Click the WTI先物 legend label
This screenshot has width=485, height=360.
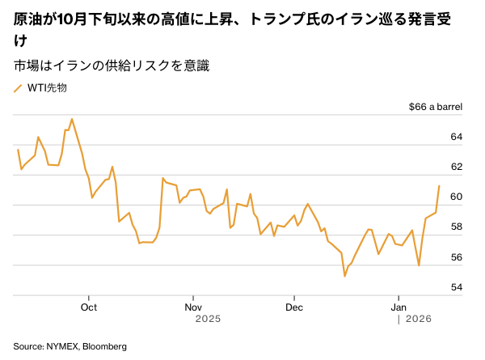pos(48,88)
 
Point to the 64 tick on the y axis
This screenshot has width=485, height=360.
pos(455,137)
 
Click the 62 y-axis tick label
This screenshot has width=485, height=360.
pos(455,167)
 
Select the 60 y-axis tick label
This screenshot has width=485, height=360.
pos(455,197)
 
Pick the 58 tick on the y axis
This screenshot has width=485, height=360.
pos(455,227)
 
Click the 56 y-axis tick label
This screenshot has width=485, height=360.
pos(455,257)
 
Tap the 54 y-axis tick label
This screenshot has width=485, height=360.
pos(455,287)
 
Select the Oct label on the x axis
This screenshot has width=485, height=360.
pos(89,307)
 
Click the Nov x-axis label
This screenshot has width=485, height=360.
pos(192,307)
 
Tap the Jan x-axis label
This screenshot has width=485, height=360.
pos(399,307)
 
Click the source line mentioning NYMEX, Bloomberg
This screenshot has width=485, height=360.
pos(70,346)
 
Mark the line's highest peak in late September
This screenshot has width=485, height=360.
pos(72,119)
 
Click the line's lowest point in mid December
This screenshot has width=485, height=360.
pos(345,276)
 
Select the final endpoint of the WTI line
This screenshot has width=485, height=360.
pos(439,186)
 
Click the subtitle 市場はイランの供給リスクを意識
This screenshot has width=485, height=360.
pos(112,66)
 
